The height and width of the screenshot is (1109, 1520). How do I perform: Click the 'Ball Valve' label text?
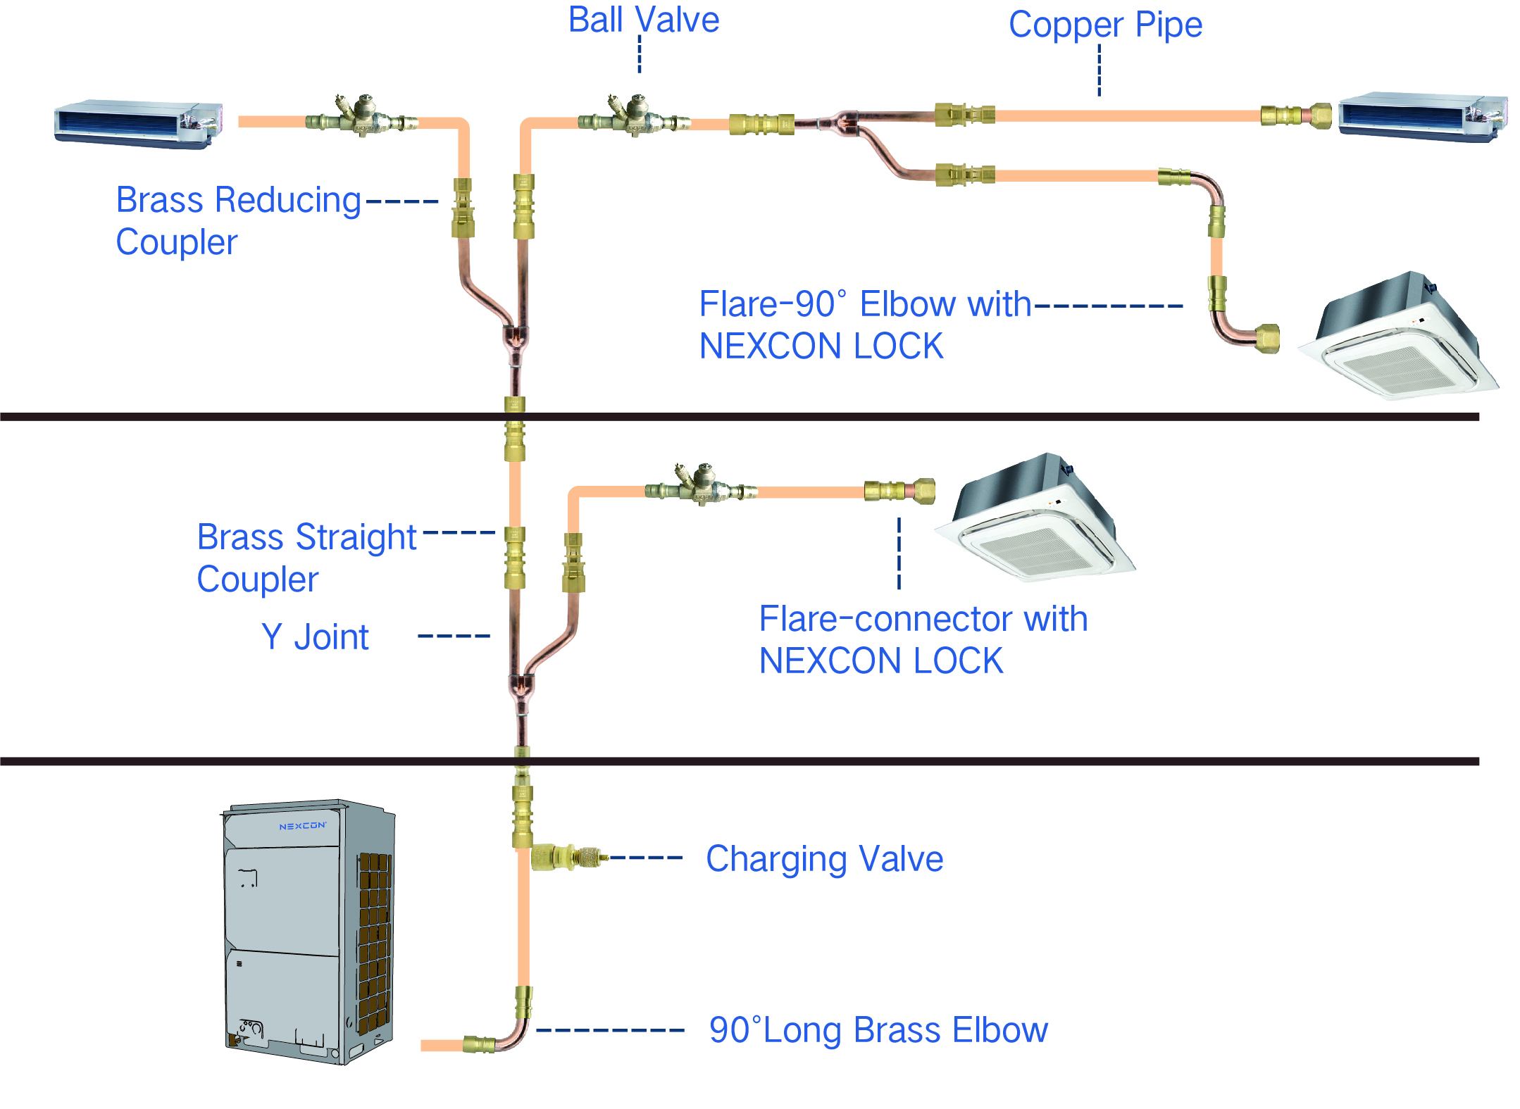[644, 20]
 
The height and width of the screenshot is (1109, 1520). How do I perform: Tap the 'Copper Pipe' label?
[1105, 25]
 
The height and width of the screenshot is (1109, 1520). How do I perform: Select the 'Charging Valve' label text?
[824, 859]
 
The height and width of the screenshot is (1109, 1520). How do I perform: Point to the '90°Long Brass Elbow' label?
[878, 1030]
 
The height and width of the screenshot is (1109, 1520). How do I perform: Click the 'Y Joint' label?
[315, 637]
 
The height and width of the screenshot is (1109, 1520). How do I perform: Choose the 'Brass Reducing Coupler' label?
[238, 220]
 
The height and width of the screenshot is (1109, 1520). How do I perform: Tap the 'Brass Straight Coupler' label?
[306, 558]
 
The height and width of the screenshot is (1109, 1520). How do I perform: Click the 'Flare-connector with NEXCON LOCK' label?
[923, 639]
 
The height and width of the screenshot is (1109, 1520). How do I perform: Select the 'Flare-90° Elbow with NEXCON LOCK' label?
[865, 325]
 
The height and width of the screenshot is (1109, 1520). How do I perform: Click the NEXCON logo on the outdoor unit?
[303, 826]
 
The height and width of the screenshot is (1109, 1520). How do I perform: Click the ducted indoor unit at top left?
[139, 124]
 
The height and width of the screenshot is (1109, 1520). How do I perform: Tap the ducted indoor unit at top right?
[1423, 117]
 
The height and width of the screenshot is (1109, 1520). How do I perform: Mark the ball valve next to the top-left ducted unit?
[361, 116]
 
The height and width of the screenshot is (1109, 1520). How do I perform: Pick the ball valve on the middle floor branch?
[701, 486]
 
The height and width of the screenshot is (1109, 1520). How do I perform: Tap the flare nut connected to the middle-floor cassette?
[923, 491]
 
